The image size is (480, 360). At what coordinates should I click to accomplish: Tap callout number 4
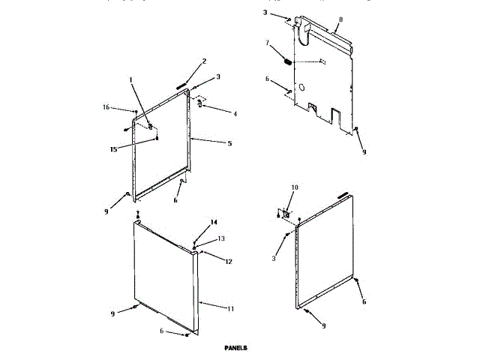235,114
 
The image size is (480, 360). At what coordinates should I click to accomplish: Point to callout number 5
230,143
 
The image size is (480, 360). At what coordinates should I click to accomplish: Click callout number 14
214,223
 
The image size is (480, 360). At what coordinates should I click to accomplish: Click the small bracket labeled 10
285,214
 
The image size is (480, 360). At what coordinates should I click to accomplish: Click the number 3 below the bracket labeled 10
274,259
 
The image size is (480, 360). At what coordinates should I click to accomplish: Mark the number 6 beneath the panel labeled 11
162,330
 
